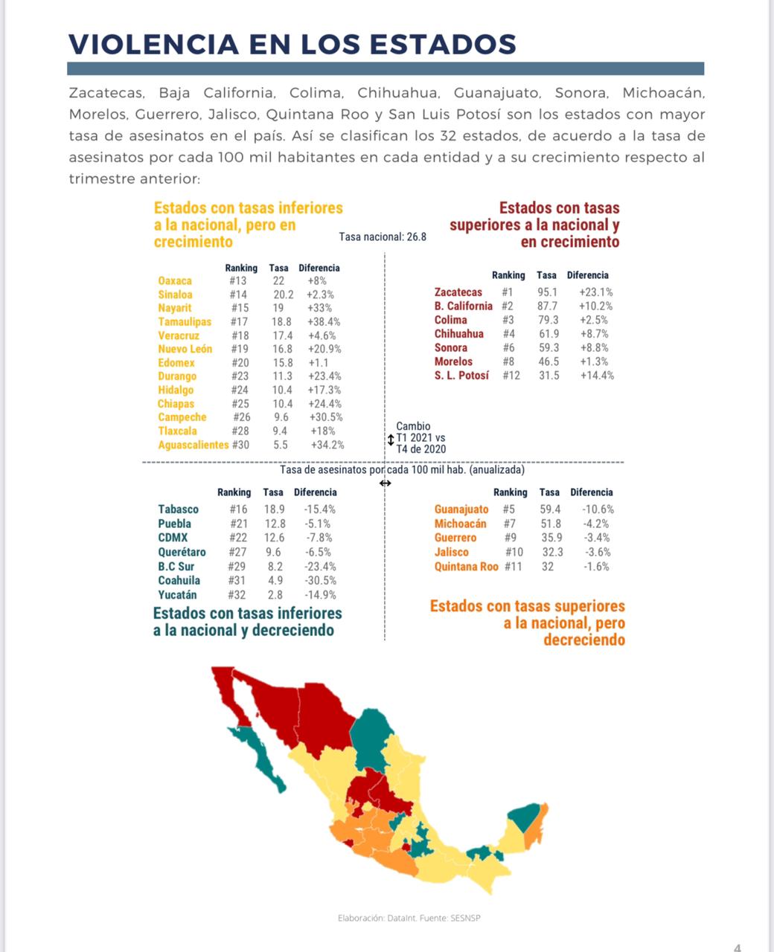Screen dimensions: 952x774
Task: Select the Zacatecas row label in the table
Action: pos(458,292)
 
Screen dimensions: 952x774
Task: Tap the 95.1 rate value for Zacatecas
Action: pos(547,292)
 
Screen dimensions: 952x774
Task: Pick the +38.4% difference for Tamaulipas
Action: pos(324,322)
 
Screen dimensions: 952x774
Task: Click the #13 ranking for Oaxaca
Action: pos(238,281)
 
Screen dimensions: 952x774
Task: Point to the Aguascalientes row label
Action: pos(193,445)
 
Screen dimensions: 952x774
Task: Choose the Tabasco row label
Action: pos(178,509)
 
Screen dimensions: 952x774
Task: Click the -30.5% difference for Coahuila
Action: pos(320,580)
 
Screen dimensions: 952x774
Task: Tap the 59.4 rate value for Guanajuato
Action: pos(550,509)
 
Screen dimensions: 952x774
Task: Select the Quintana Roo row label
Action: pos(466,567)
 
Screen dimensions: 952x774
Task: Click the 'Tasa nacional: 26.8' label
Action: pos(383,237)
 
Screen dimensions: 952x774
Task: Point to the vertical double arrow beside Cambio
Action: pos(391,440)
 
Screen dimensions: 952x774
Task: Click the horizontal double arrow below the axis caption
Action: pos(385,483)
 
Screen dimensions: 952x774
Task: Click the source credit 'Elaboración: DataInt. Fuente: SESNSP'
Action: pos(409,918)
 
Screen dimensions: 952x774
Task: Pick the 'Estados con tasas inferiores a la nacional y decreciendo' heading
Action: pos(247,622)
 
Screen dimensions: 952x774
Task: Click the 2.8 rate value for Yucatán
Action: pos(275,595)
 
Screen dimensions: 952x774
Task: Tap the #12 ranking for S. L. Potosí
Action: pos(511,376)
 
